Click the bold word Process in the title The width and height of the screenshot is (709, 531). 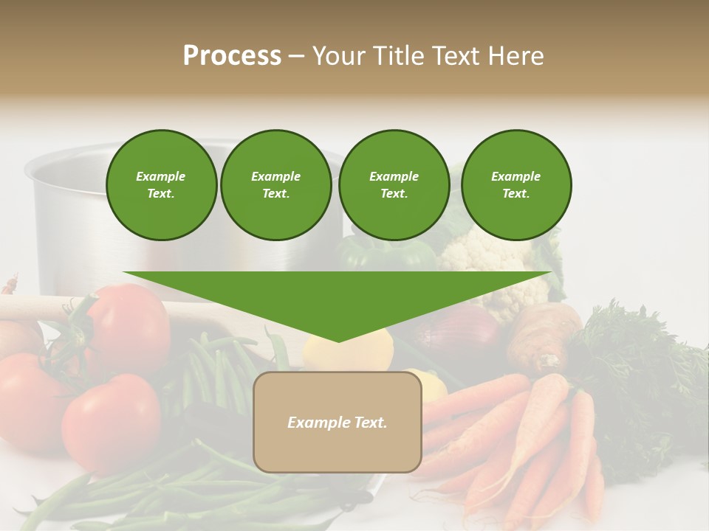tap(232, 56)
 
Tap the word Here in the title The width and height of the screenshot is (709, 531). tap(515, 56)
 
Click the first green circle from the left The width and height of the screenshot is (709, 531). tap(161, 185)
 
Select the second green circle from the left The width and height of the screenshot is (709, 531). tap(276, 185)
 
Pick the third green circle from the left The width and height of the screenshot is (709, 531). tap(394, 185)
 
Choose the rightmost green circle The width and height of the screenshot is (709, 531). tap(516, 185)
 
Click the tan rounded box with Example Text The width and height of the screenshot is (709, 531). tap(338, 422)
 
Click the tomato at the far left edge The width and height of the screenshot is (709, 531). tap(22, 398)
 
